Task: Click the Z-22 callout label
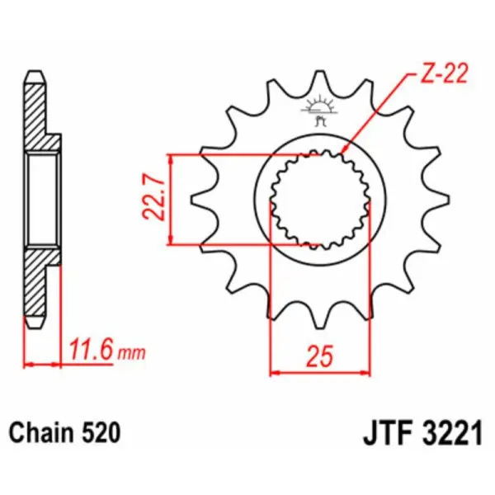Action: (443, 77)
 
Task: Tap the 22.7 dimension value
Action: (150, 200)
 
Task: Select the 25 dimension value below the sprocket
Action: (321, 356)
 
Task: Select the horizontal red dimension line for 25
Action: (321, 374)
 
